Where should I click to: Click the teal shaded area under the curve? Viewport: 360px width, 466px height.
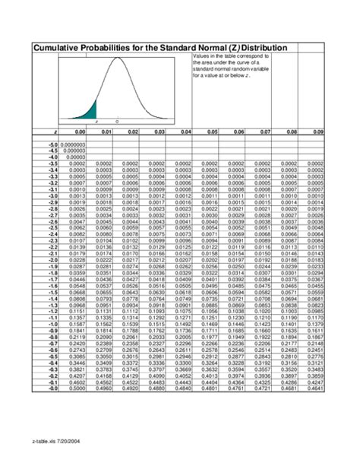pyautogui.click(x=91, y=107)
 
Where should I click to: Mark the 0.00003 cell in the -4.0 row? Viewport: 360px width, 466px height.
pyautogui.click(x=76, y=157)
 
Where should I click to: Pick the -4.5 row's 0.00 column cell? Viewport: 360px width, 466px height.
pyautogui.click(x=76, y=151)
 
